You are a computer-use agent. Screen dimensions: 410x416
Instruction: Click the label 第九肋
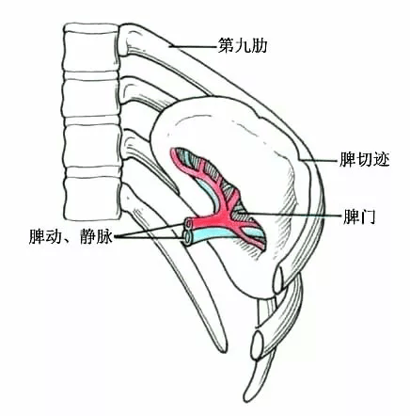tap(243, 46)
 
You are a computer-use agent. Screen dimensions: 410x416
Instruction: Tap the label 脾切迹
tap(364, 159)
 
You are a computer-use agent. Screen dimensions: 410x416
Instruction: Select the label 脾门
tap(359, 216)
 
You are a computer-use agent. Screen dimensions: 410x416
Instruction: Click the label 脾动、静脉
tap(71, 236)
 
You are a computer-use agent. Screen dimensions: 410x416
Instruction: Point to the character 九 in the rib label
tap(243, 46)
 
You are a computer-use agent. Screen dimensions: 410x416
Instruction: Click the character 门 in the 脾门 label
tap(368, 216)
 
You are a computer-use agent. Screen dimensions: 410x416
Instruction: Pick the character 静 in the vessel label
tap(88, 236)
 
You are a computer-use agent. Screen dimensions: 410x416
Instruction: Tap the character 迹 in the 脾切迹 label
tap(381, 159)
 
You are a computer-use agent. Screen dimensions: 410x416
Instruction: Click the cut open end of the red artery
tap(189, 224)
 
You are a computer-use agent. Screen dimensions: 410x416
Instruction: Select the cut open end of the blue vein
tap(188, 238)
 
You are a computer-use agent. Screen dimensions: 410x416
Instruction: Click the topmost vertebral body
tap(91, 48)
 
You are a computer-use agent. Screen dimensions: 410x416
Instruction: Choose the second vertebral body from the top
tap(91, 98)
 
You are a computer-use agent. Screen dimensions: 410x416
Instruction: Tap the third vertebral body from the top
tap(92, 145)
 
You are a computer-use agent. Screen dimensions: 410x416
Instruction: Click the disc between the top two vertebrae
tap(91, 75)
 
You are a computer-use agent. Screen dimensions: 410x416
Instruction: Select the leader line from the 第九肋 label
tap(194, 47)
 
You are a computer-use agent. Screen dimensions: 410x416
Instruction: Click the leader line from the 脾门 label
tap(290, 215)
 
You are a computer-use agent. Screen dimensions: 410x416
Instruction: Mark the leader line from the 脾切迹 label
tap(319, 160)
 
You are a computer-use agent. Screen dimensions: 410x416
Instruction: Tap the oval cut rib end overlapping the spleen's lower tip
tap(278, 280)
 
